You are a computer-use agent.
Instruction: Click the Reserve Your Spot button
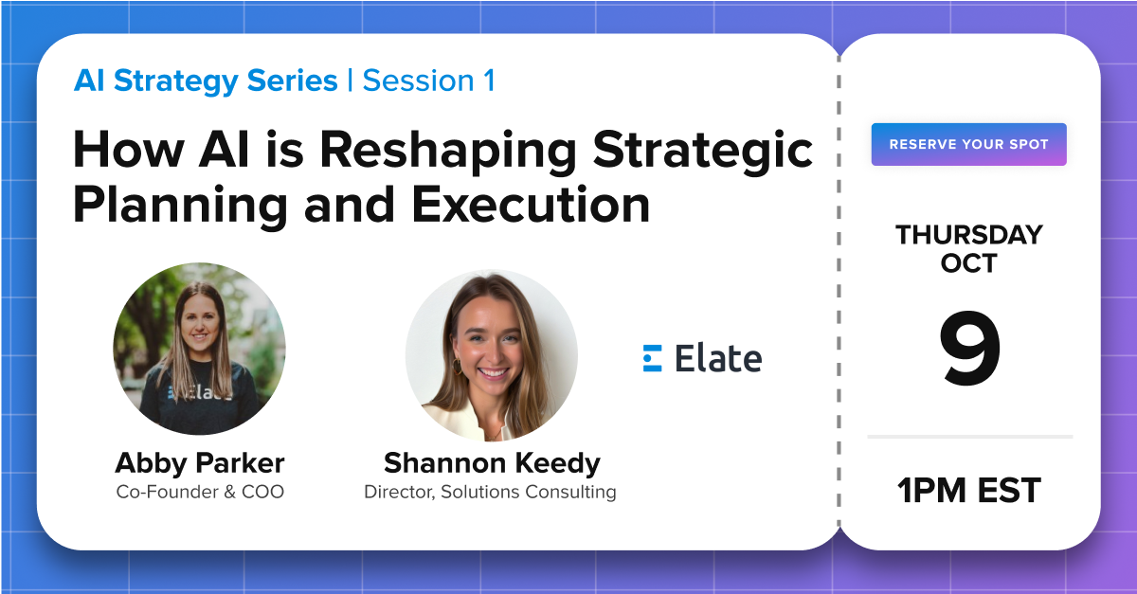click(x=969, y=144)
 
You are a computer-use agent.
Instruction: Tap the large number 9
click(x=969, y=348)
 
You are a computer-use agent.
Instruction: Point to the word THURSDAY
click(x=969, y=235)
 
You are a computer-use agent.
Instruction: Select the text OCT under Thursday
click(x=969, y=263)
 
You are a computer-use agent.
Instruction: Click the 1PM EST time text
click(x=969, y=491)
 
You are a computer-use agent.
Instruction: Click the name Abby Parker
click(x=200, y=463)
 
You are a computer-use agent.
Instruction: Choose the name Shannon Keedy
click(x=492, y=463)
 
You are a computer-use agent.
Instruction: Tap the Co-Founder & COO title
click(x=200, y=492)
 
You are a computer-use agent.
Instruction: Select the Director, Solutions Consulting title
click(x=491, y=492)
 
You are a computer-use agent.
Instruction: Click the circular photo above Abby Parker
click(x=199, y=349)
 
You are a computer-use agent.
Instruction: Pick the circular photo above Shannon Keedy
click(x=492, y=355)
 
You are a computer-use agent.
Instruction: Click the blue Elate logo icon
click(x=652, y=358)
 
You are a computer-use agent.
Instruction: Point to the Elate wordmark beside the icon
click(x=718, y=358)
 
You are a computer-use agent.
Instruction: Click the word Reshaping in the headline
click(x=448, y=151)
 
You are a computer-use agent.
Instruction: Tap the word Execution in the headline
click(x=531, y=205)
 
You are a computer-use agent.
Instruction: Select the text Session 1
click(x=429, y=81)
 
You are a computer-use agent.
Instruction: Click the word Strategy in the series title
click(x=175, y=81)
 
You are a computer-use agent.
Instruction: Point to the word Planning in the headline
click(x=180, y=207)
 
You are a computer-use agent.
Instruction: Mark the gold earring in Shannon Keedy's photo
click(x=457, y=367)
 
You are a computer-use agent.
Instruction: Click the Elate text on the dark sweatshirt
click(x=202, y=392)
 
